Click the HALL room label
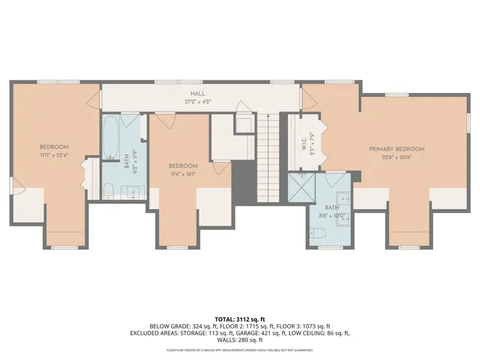[197, 92]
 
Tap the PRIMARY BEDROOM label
[396, 149]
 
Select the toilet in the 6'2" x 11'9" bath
[107, 190]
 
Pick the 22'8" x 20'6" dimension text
[396, 157]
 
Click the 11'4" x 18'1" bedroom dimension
[182, 173]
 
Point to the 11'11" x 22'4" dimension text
[54, 155]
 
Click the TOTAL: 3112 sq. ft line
[239, 318]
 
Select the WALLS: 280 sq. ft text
[239, 340]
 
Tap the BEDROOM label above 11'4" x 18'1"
[182, 166]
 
